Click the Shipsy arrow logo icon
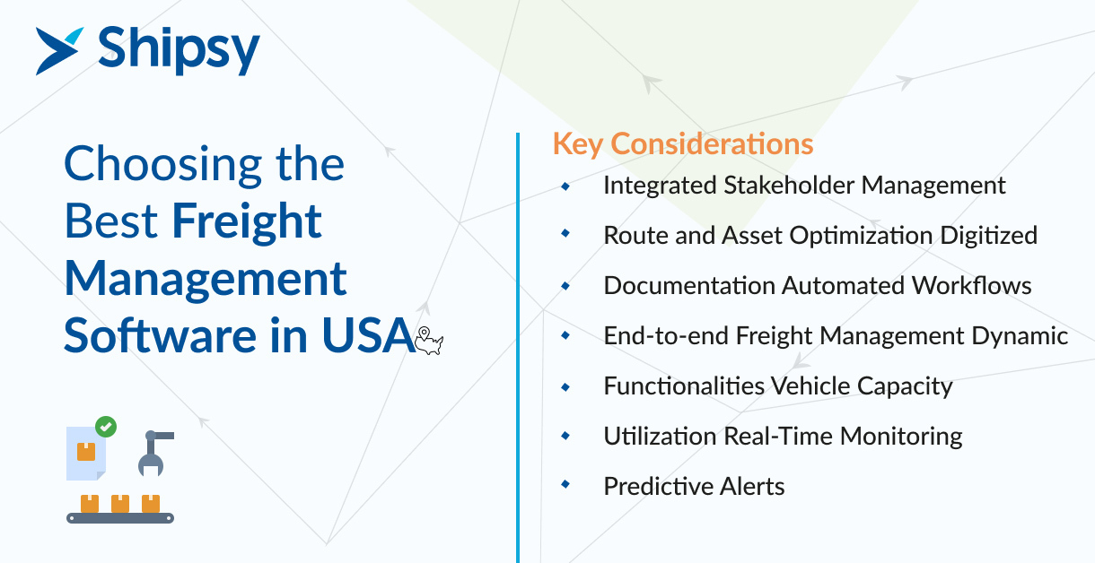tap(57, 51)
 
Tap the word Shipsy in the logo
tap(179, 51)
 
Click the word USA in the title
tap(368, 335)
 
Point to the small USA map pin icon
tap(429, 341)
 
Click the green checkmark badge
tap(106, 427)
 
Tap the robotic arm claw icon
tap(155, 453)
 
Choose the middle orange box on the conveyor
tap(120, 504)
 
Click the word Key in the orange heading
tap(577, 144)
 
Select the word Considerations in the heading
tap(713, 143)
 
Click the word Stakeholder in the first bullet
tap(789, 185)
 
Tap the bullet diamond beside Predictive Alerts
tap(565, 484)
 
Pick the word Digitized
tap(988, 237)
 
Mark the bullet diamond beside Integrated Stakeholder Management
tap(565, 186)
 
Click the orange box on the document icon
tap(86, 452)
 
